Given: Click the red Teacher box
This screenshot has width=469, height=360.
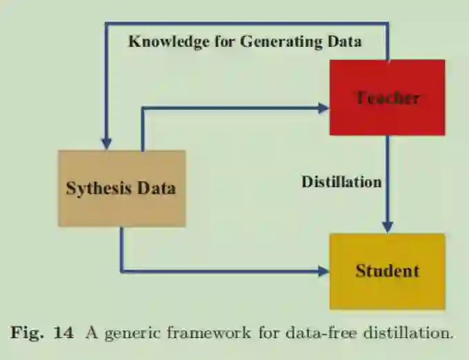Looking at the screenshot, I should pos(387,97).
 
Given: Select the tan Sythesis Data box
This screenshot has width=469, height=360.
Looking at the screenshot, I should pos(121,188).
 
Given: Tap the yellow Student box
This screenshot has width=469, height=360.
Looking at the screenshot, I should pos(387,270).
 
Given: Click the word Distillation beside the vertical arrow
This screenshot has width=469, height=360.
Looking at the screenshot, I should pos(341,182).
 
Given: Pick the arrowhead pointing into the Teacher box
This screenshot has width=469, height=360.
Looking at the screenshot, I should pos(323,108).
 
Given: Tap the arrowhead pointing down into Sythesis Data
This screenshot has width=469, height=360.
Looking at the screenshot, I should pos(106,143).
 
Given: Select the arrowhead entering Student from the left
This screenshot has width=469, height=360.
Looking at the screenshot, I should pos(323,270).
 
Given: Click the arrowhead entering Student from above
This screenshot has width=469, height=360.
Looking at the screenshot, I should pos(387,228).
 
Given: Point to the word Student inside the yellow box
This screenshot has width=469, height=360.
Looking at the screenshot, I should pos(387,270).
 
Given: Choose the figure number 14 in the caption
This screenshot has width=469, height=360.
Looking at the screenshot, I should pos(63,333).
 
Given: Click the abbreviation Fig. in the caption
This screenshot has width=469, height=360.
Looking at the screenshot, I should pos(28,333).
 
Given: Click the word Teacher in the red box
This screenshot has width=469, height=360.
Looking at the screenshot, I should pos(387,98).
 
